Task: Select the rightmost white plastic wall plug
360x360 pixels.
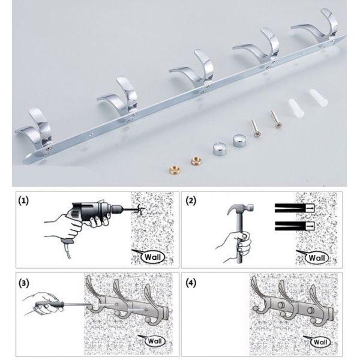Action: [316, 98]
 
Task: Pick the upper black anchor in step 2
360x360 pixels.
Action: [292, 208]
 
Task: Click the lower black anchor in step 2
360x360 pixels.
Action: [292, 226]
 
